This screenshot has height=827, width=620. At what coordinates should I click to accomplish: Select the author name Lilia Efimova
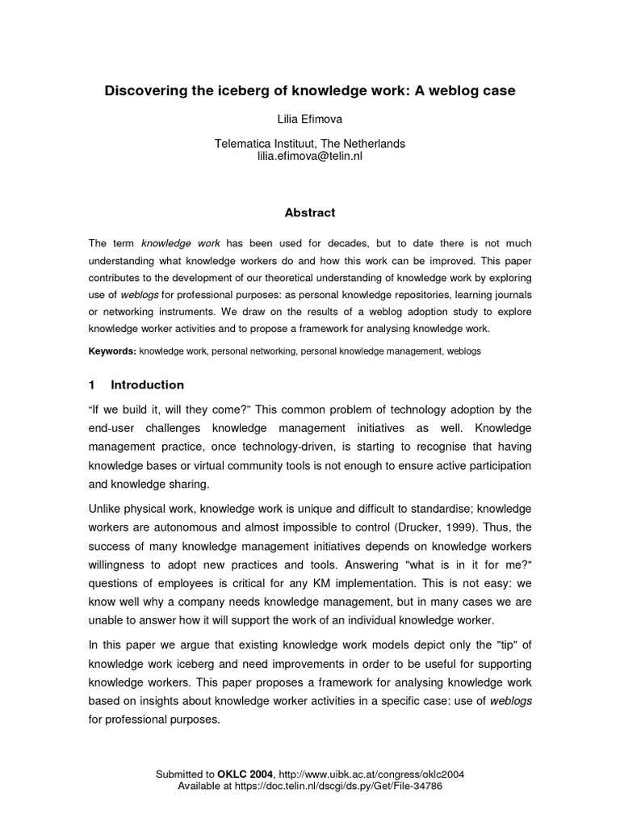(x=309, y=120)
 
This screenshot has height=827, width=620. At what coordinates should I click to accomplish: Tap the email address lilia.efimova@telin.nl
(x=309, y=156)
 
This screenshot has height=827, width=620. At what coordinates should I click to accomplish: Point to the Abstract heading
(x=309, y=213)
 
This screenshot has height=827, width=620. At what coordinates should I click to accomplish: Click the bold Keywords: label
(x=112, y=352)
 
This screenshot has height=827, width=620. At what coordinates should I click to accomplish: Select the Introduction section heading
(x=147, y=384)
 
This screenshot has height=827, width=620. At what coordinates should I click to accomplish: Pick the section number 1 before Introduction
(x=92, y=384)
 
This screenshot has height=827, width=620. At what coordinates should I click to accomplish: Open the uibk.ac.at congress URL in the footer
(x=371, y=774)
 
